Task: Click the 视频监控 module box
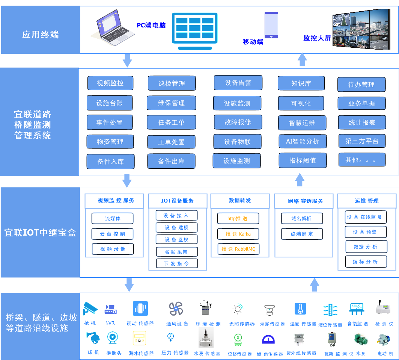pos(110,83)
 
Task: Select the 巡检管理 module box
pos(172,83)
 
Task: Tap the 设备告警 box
pos(238,83)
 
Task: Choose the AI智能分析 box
pos(302,141)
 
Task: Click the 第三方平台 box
pos(362,141)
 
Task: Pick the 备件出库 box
pos(171,161)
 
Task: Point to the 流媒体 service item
pos(113,218)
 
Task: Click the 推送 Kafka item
pos(238,234)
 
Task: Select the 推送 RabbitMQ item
pos(238,249)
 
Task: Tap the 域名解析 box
pos(301,218)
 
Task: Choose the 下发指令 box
pos(176,263)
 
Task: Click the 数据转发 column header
pos(240,201)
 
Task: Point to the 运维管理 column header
pos(367,201)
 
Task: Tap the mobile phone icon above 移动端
pos(271,25)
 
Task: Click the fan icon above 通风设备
pos(176,309)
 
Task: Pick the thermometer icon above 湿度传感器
pos(300,309)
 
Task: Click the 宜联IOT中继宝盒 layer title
pos(40,233)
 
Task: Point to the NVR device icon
pos(110,309)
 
